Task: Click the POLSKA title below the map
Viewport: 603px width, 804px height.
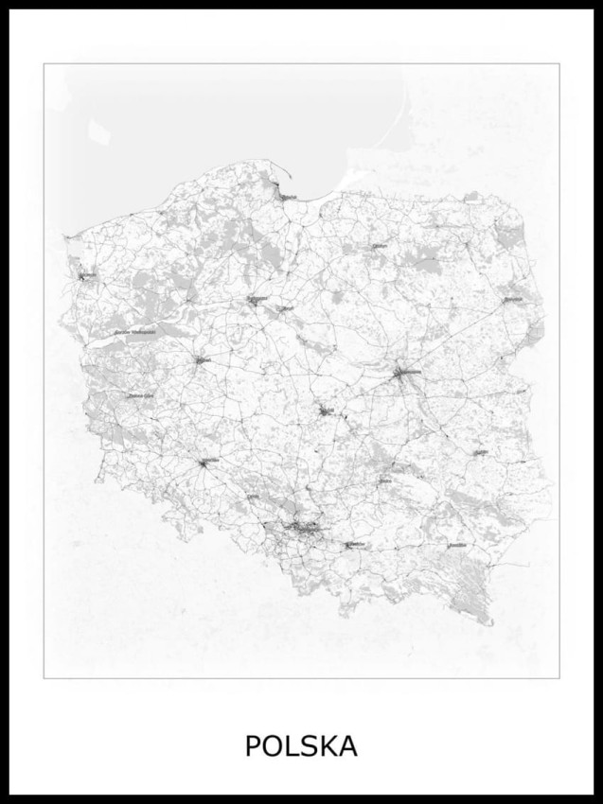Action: pyautogui.click(x=301, y=745)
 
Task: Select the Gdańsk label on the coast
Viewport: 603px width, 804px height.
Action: pyautogui.click(x=288, y=197)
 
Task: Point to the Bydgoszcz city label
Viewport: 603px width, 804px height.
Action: pyautogui.click(x=257, y=298)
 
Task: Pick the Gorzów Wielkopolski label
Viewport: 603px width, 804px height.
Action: pyautogui.click(x=134, y=332)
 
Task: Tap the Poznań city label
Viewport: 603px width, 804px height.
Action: pyautogui.click(x=202, y=359)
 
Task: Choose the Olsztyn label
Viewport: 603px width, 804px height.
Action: pyautogui.click(x=381, y=245)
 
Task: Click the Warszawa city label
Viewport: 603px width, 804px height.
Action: pyautogui.click(x=408, y=373)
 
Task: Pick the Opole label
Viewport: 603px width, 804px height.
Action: pyautogui.click(x=254, y=496)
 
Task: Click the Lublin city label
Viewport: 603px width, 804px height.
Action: pyautogui.click(x=482, y=452)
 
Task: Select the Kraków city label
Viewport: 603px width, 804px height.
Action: pyautogui.click(x=356, y=545)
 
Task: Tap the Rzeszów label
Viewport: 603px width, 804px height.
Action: pyautogui.click(x=458, y=545)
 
